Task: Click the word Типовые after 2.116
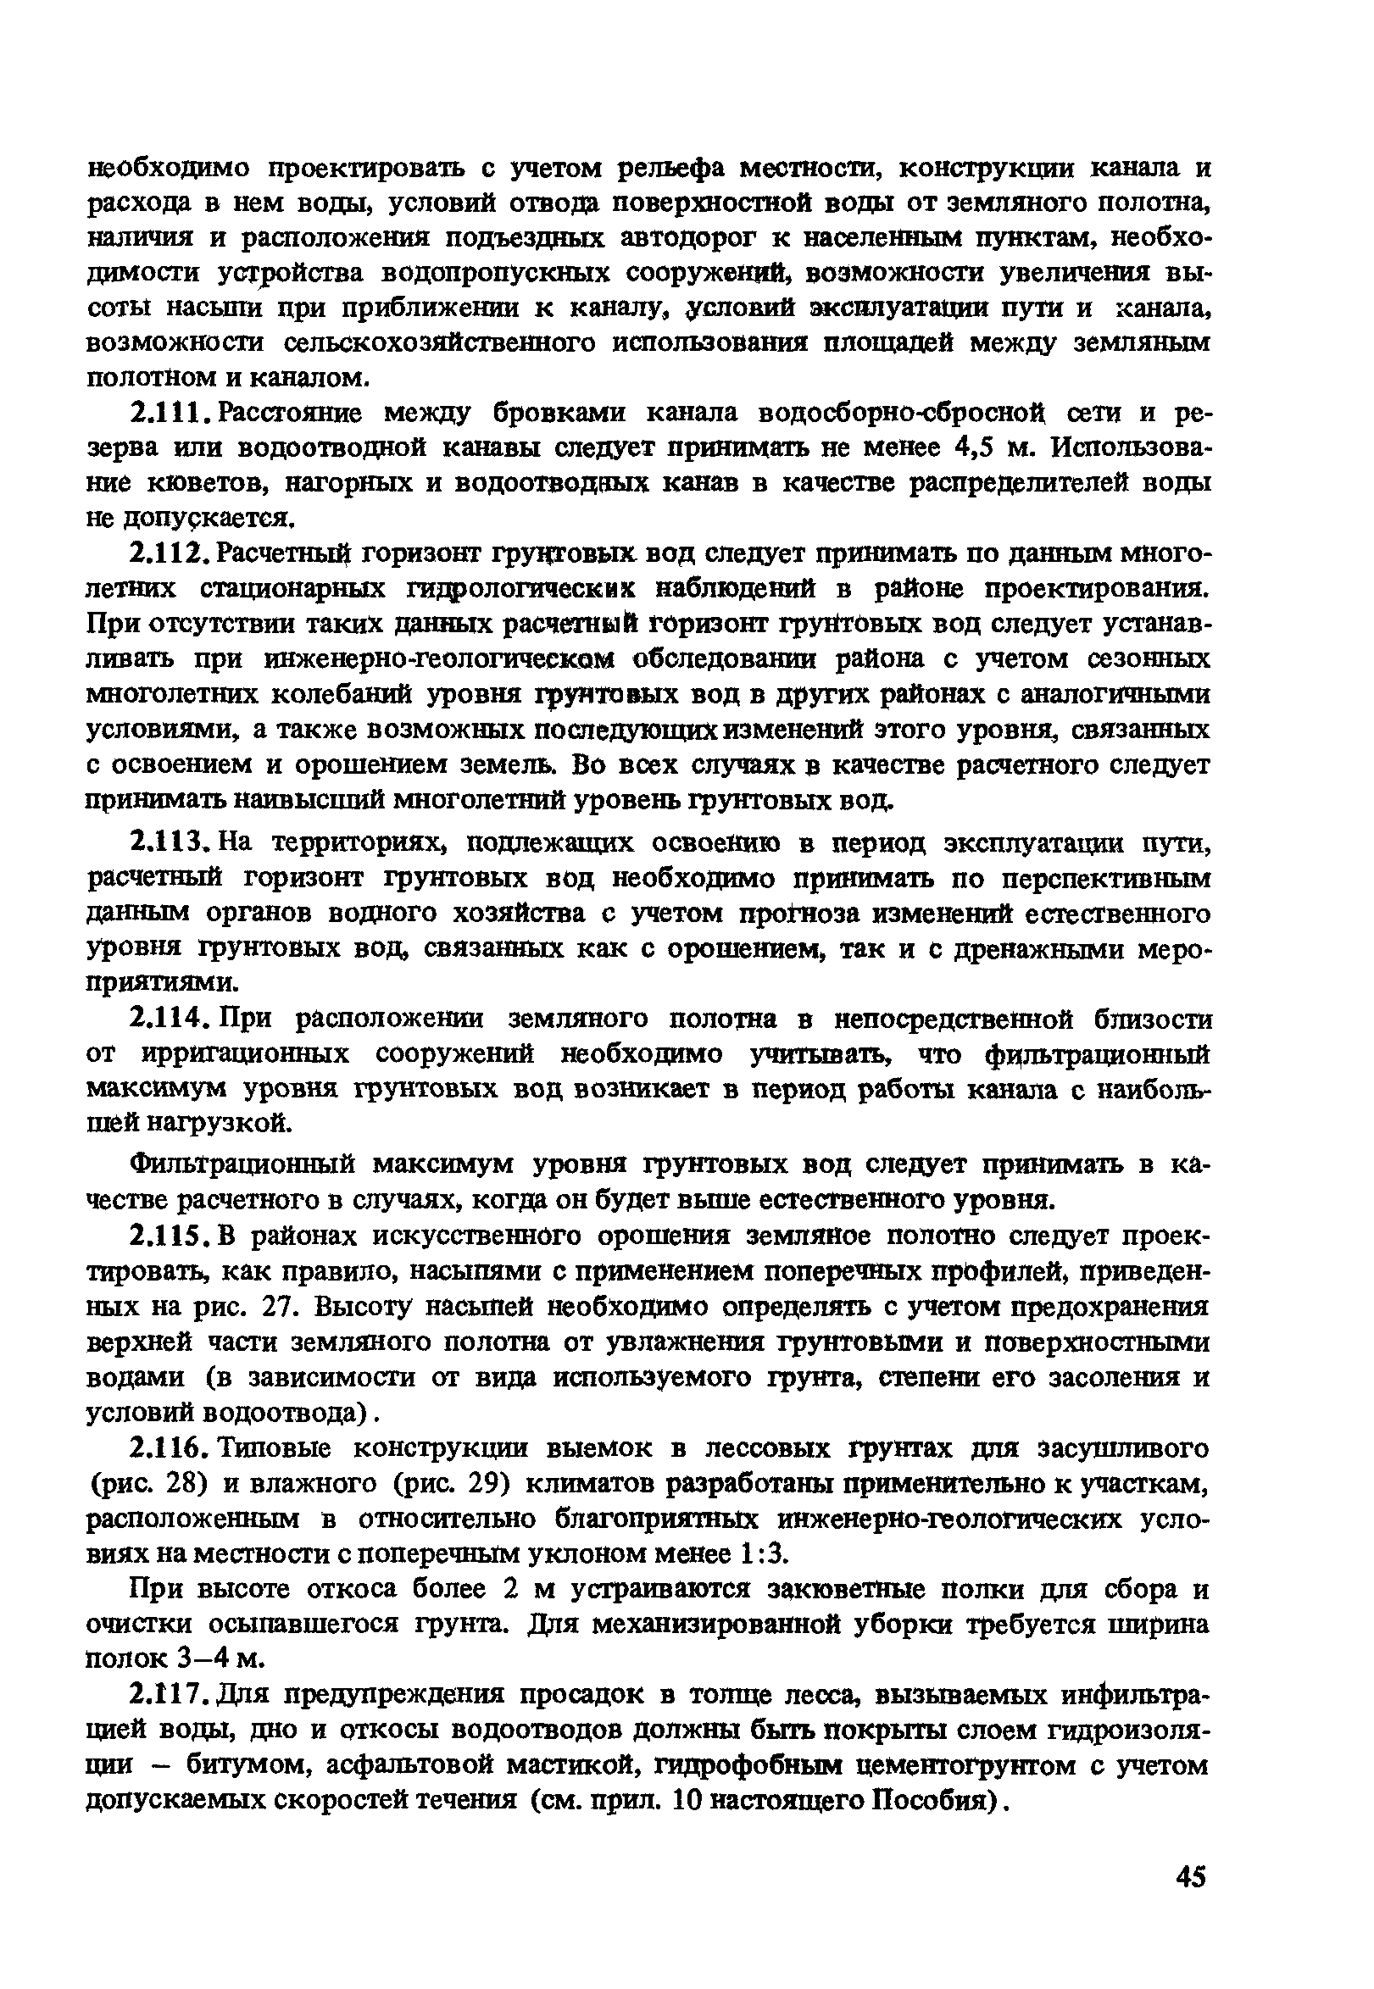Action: pyautogui.click(x=276, y=1448)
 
